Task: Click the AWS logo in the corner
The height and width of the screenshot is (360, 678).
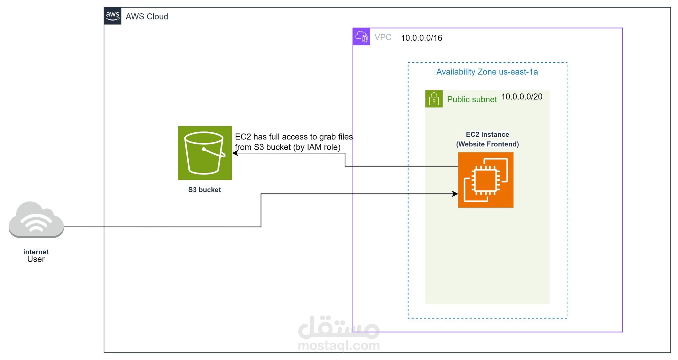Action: pyautogui.click(x=113, y=16)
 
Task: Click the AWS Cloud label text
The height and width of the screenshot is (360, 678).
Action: pyautogui.click(x=147, y=17)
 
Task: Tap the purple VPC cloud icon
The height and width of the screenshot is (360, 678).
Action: pyautogui.click(x=361, y=37)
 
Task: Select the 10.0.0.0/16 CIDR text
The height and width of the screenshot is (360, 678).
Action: pyautogui.click(x=421, y=38)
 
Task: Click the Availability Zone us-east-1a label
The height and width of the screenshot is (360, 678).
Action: pyautogui.click(x=487, y=72)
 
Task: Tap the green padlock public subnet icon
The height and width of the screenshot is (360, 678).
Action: pyautogui.click(x=434, y=99)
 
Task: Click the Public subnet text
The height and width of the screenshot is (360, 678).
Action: pyautogui.click(x=471, y=99)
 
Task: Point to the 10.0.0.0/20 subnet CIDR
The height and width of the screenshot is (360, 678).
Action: pyautogui.click(x=522, y=97)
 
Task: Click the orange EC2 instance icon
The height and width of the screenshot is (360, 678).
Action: pyautogui.click(x=486, y=180)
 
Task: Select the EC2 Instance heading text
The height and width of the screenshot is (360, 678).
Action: pyautogui.click(x=487, y=134)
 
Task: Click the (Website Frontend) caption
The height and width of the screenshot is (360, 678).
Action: pyautogui.click(x=487, y=144)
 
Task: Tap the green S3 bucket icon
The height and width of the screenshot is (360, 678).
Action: pyautogui.click(x=205, y=153)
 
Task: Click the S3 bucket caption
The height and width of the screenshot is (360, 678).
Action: pyautogui.click(x=204, y=190)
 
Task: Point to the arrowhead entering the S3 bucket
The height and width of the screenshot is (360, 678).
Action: pyautogui.click(x=235, y=153)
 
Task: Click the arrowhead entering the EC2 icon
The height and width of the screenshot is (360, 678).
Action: pyautogui.click(x=456, y=194)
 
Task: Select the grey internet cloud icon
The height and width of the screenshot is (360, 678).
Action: pyautogui.click(x=36, y=220)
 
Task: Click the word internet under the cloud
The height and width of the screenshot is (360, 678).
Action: pyautogui.click(x=36, y=252)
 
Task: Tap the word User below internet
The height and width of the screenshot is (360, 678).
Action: pyautogui.click(x=36, y=259)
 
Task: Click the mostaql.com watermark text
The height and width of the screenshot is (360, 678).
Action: pyautogui.click(x=339, y=346)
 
